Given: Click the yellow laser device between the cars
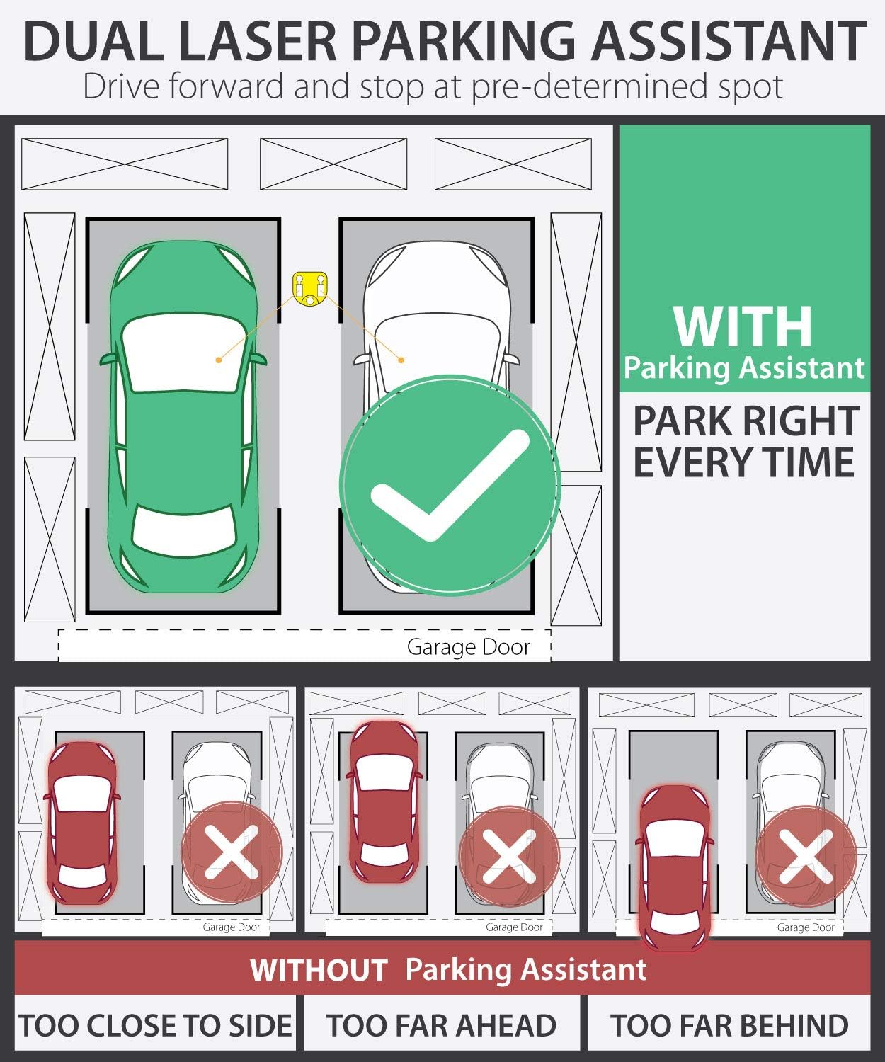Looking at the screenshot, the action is (310, 290).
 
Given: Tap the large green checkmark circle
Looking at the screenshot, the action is (450, 485).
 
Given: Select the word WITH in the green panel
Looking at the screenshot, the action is (743, 326).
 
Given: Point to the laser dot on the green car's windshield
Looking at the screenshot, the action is (219, 360).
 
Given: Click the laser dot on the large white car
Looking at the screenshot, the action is (401, 360).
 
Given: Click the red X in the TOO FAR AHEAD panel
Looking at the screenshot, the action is (509, 856).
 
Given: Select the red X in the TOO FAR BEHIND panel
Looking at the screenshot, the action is (806, 856).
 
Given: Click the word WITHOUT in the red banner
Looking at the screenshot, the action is (319, 969).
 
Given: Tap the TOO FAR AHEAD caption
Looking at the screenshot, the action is (442, 1025).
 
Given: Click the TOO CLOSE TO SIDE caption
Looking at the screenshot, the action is (155, 1025).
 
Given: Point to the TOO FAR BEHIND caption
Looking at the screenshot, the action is (729, 1025).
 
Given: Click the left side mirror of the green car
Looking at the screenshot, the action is (108, 360).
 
